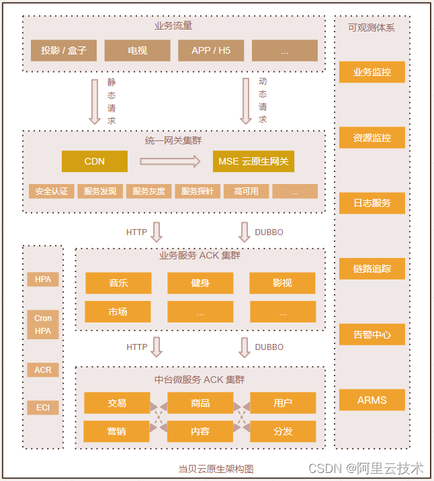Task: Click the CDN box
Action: [94, 161]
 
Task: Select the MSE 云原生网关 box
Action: [253, 161]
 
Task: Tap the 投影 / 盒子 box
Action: [64, 50]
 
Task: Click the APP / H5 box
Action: [211, 50]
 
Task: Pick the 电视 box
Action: [137, 50]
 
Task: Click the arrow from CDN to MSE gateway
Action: [170, 161]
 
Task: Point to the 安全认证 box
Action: [52, 191]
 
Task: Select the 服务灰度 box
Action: [148, 191]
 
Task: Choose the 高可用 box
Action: [246, 191]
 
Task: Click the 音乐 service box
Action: [118, 283]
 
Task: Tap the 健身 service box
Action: [200, 283]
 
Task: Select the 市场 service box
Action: [118, 312]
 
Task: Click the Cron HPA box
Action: [43, 324]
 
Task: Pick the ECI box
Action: [43, 407]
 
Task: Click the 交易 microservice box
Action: [117, 403]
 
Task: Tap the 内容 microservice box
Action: [200, 431]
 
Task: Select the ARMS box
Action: [372, 400]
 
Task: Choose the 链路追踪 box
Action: [372, 269]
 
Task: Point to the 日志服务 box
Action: [372, 203]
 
